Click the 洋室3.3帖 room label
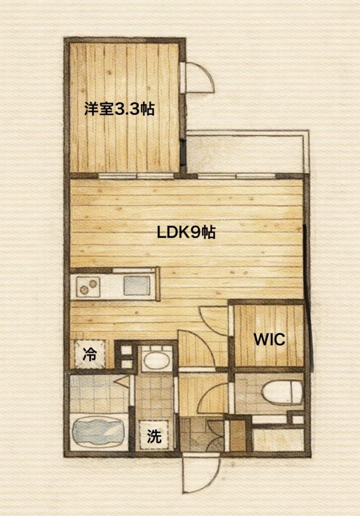coord(119,109)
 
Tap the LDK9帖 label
coord(186,232)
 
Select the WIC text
coord(269,339)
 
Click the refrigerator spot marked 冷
coord(90,354)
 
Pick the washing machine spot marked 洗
coord(154,435)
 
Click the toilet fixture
coord(282,393)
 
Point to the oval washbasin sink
coord(157,361)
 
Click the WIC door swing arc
coord(214,321)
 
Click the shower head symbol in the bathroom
coord(122,382)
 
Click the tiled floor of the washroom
coord(155,397)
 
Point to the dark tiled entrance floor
coord(202,434)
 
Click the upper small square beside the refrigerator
coord(126,350)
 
